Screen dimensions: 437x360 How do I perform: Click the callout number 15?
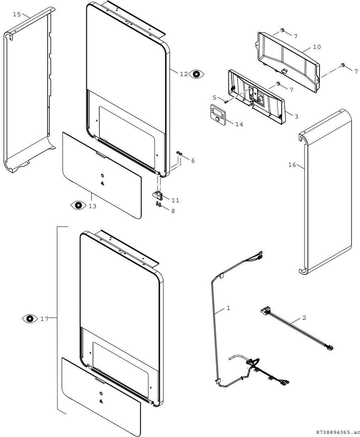click(x=17, y=15)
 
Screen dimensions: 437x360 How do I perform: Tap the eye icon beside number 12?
click(x=197, y=74)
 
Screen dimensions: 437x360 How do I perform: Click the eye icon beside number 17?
click(x=30, y=319)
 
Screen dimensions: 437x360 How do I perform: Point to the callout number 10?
click(x=317, y=47)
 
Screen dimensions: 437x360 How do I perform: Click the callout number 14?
click(x=239, y=124)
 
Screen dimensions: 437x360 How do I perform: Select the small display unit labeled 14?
click(x=219, y=114)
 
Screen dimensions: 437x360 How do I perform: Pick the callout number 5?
click(x=215, y=98)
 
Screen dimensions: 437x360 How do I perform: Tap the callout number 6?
click(x=193, y=161)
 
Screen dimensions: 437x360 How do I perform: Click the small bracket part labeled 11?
click(x=158, y=195)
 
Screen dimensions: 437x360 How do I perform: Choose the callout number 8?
click(x=173, y=211)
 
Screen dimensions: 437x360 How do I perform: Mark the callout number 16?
click(x=292, y=165)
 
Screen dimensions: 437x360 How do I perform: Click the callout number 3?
click(x=296, y=117)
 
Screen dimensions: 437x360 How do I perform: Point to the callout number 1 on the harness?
click(x=228, y=308)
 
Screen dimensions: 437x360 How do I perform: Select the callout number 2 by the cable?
click(x=304, y=318)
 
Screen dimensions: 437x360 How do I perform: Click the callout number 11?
click(x=175, y=200)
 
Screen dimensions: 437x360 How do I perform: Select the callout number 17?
click(x=45, y=319)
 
